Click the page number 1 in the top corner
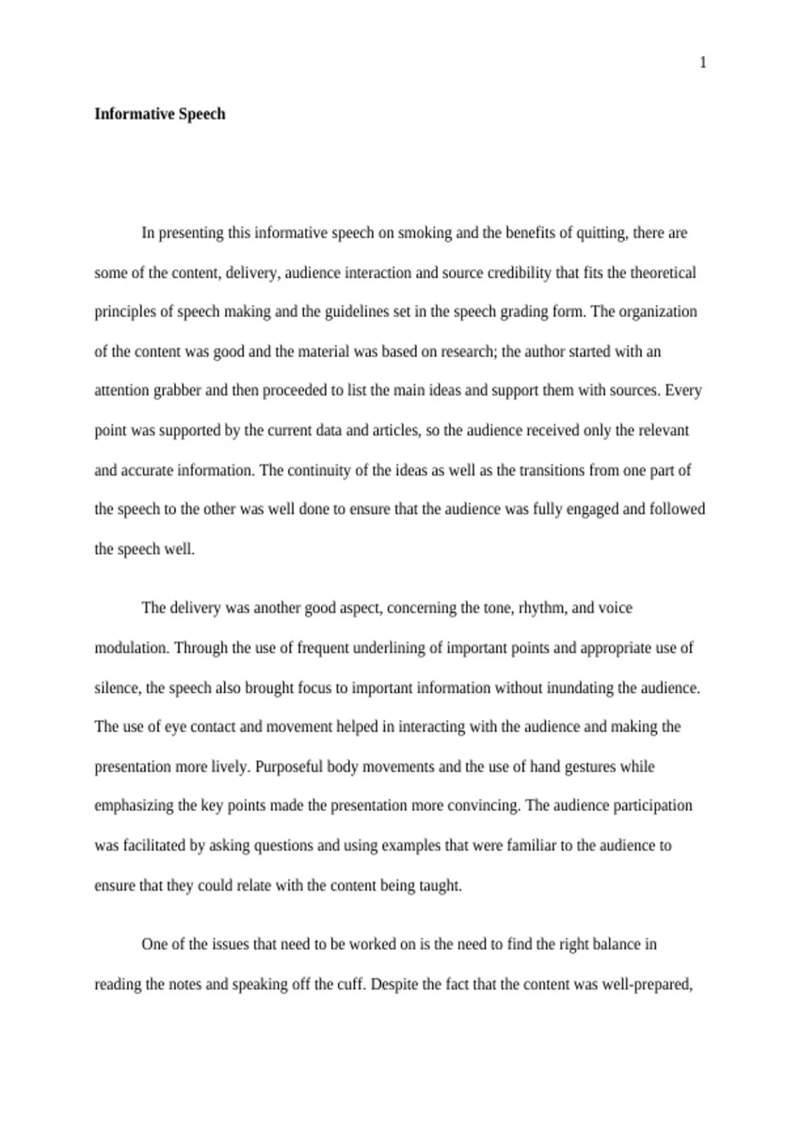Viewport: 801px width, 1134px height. click(702, 63)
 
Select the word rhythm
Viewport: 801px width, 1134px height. click(543, 608)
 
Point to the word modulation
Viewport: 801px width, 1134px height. click(131, 648)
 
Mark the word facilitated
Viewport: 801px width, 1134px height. click(154, 845)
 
